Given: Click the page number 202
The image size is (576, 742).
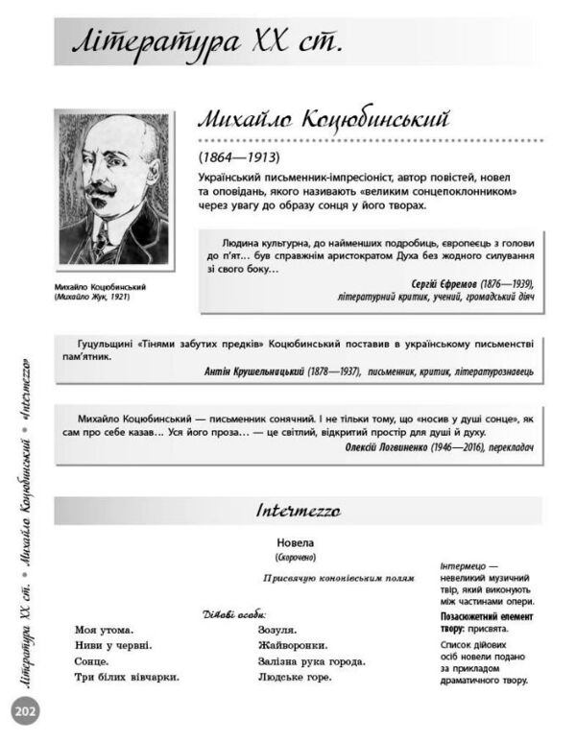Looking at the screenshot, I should [x=23, y=711].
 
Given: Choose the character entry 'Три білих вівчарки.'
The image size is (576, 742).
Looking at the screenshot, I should [x=127, y=677].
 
